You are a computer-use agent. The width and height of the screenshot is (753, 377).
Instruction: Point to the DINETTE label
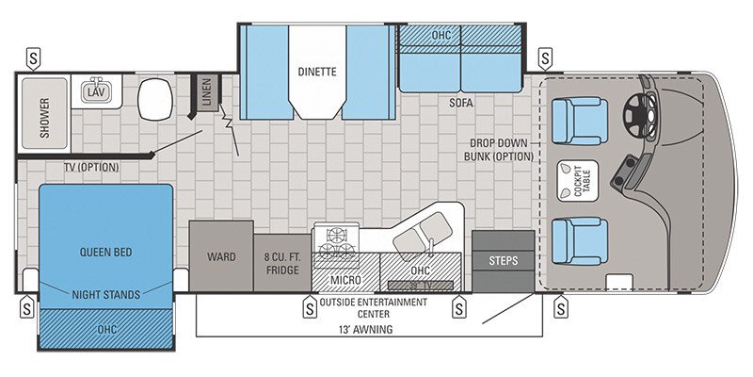pyautogui.click(x=316, y=70)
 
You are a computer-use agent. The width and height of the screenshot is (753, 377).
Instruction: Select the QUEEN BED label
pyautogui.click(x=105, y=252)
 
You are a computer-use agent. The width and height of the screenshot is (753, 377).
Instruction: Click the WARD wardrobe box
pyautogui.click(x=221, y=256)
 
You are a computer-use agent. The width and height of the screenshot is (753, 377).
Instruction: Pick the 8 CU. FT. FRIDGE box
pyautogui.click(x=282, y=263)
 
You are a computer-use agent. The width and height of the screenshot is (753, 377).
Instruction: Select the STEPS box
pyautogui.click(x=503, y=260)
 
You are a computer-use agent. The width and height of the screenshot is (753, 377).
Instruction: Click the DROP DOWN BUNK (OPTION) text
pyautogui.click(x=501, y=151)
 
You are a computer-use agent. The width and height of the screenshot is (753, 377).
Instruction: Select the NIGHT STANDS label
pyautogui.click(x=105, y=295)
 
